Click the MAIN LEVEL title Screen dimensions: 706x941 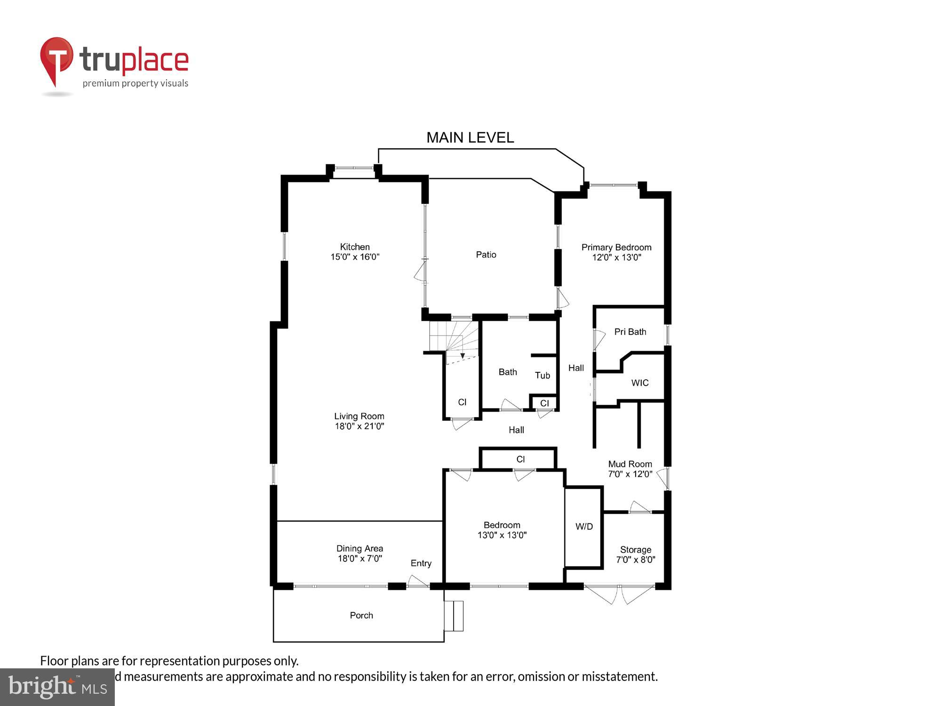[470, 137]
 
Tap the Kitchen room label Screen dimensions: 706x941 [355, 247]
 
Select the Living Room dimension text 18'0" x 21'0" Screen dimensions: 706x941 [359, 426]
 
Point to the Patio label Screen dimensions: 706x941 [486, 255]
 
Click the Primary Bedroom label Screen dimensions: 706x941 [616, 248]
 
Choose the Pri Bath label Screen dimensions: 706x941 [630, 332]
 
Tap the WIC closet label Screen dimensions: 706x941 [639, 383]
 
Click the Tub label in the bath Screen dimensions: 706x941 [542, 375]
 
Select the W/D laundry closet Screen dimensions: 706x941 [584, 527]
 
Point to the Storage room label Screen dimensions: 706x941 [635, 550]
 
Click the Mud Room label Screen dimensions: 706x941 [630, 464]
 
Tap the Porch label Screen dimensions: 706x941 [361, 615]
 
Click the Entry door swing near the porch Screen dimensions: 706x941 [417, 581]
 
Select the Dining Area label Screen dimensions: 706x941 [359, 548]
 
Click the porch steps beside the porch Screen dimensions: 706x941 [454, 616]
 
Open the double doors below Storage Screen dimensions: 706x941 [619, 594]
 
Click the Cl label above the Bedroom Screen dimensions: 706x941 [520, 459]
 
